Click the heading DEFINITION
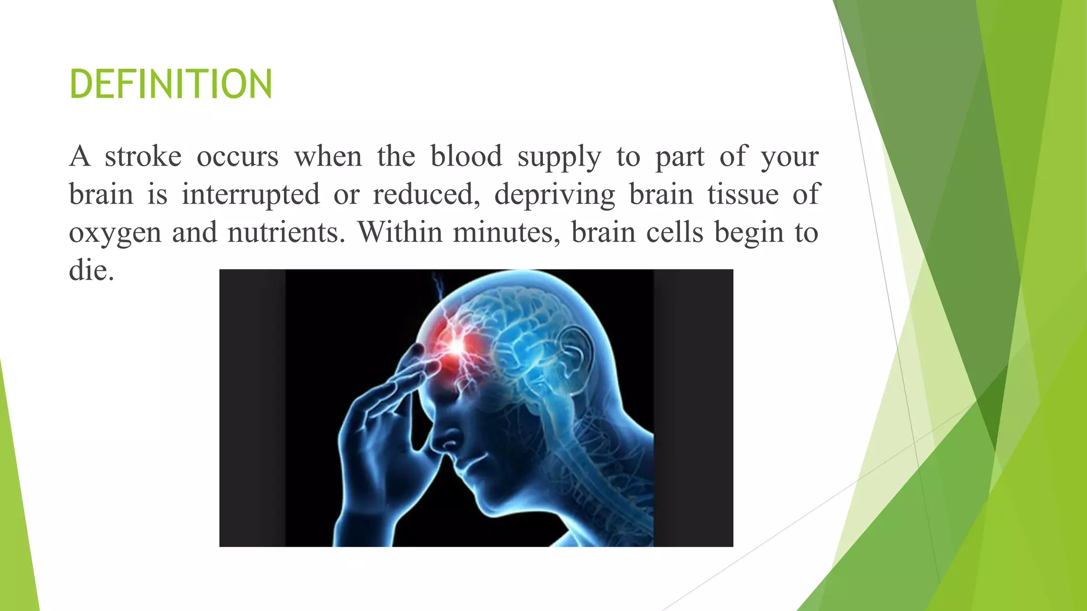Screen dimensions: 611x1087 (x=170, y=84)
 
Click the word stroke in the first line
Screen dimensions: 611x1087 (x=143, y=156)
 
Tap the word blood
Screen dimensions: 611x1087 (x=465, y=156)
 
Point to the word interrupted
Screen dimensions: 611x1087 (x=251, y=195)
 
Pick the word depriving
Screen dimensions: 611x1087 (x=554, y=195)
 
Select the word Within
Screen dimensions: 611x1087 (x=400, y=233)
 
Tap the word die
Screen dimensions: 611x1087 (x=91, y=271)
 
